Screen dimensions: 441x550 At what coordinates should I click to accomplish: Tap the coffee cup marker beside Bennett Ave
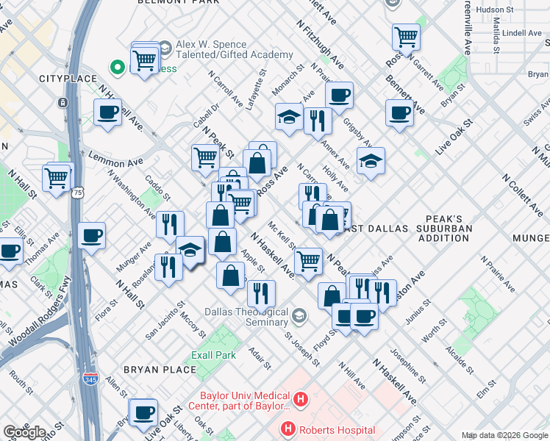coord(399,113)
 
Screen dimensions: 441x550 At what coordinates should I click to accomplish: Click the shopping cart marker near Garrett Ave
coord(406,36)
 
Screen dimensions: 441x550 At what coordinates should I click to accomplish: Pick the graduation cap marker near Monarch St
coord(290,117)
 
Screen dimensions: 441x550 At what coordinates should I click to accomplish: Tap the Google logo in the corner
coord(24,431)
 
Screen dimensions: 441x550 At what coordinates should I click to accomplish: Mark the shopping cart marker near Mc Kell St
coord(308,260)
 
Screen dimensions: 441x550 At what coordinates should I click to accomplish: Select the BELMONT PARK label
coord(179,3)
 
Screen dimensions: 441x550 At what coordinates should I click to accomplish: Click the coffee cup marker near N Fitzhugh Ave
coord(339,95)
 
